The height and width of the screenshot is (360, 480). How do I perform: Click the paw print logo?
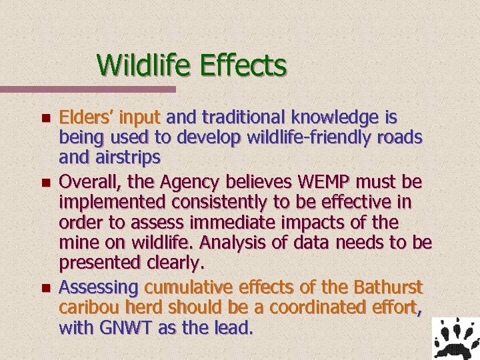[455, 338]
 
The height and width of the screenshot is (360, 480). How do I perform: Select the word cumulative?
[185, 288]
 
